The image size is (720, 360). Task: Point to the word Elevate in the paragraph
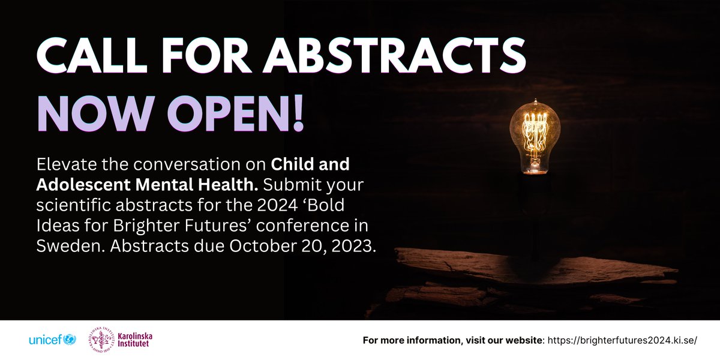click(66, 164)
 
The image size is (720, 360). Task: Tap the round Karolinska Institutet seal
click(104, 340)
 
